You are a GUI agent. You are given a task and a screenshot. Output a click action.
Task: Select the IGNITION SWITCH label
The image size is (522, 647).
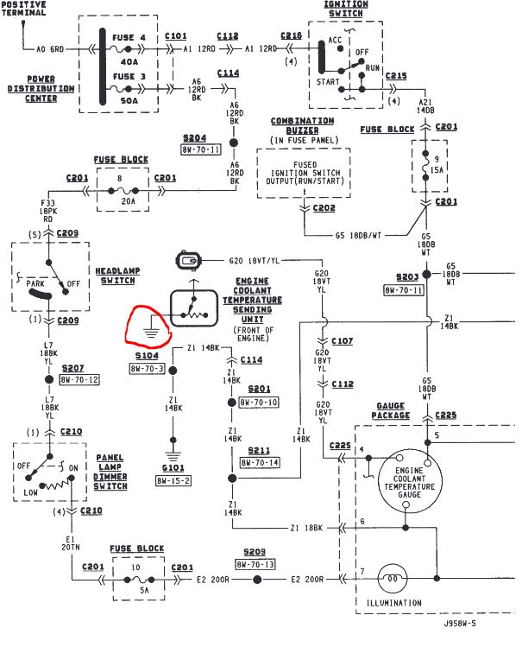pyautogui.click(x=345, y=10)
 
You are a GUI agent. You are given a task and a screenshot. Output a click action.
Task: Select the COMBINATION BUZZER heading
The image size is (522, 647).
pyautogui.click(x=302, y=126)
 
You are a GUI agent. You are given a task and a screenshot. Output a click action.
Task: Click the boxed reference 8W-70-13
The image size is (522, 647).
pyautogui.click(x=255, y=563)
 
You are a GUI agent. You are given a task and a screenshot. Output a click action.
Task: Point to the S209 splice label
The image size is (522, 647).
pyautogui.click(x=256, y=551)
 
